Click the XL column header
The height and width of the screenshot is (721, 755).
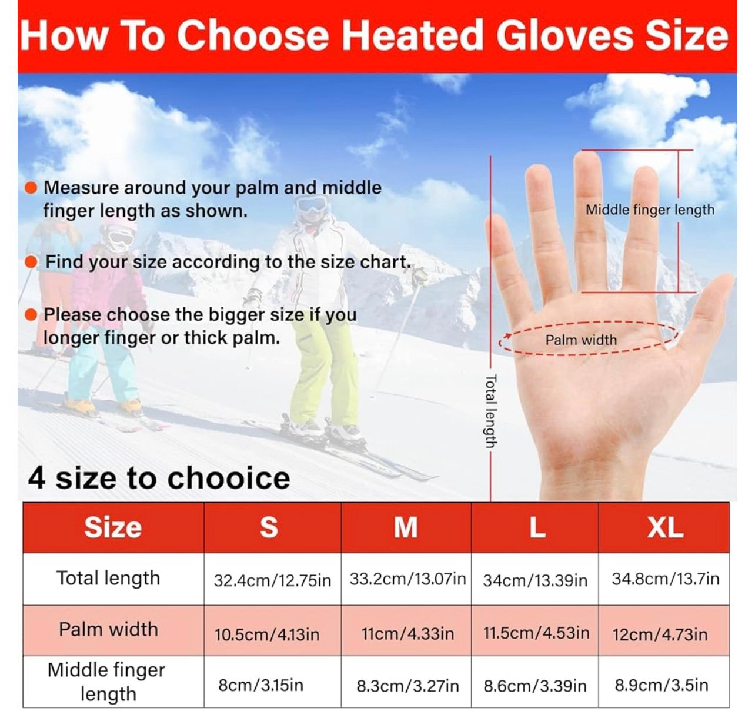point(663,527)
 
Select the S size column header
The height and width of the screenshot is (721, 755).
point(272,527)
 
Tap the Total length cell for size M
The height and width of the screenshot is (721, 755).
point(406,579)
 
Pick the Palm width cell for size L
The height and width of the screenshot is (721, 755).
point(535,633)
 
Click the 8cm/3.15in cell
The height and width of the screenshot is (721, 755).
point(272,685)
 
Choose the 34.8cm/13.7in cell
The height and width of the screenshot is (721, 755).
point(664,579)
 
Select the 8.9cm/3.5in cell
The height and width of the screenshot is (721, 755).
point(664,685)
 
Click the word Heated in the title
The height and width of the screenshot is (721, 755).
point(412,35)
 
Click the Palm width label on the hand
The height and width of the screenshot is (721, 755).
point(580,340)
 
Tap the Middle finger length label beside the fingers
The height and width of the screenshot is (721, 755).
point(650,210)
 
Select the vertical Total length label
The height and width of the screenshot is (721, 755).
point(490,411)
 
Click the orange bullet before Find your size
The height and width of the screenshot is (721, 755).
point(31,263)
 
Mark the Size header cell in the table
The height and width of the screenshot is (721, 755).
point(113,527)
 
